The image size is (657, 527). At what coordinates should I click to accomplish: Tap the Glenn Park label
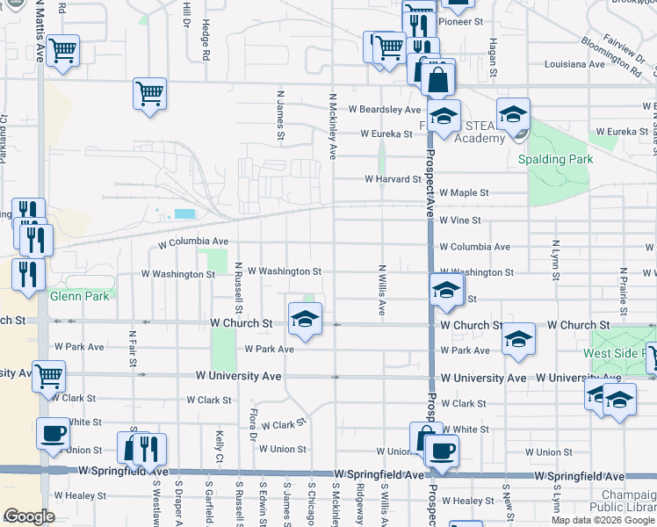[x=80, y=296]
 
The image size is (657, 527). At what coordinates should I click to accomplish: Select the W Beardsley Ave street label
[x=384, y=110]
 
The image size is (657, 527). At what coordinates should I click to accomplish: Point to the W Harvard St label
[x=393, y=179]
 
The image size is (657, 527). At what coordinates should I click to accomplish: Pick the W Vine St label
[x=460, y=220]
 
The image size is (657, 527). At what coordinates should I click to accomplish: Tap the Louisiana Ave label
[x=574, y=64]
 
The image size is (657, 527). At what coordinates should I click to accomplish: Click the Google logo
[x=29, y=516]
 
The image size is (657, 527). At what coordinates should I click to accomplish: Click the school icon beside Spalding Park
[x=513, y=114]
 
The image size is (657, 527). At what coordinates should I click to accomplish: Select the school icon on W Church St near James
[x=305, y=319]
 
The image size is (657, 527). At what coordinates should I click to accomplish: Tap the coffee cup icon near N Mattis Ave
[x=54, y=433]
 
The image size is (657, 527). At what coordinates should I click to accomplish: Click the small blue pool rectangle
[x=185, y=213]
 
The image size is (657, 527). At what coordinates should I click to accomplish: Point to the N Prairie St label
[x=622, y=292]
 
